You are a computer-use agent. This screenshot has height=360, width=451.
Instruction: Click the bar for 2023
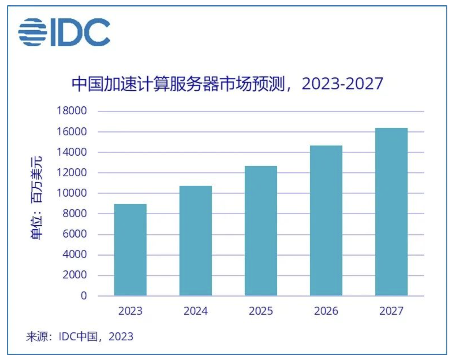click(x=130, y=250)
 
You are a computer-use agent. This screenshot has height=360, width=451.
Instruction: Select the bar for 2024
click(x=195, y=241)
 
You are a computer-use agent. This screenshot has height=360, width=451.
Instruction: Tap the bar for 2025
click(x=261, y=231)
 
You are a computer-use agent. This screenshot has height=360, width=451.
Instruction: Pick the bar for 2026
click(x=326, y=221)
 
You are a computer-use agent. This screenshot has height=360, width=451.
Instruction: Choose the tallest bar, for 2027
click(x=391, y=212)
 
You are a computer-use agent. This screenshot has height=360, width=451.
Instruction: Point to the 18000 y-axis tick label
click(x=72, y=111)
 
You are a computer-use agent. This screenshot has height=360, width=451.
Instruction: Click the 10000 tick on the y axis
click(x=72, y=193)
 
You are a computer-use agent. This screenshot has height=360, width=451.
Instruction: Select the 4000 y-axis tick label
click(x=75, y=254)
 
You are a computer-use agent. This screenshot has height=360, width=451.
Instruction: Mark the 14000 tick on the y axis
click(x=72, y=152)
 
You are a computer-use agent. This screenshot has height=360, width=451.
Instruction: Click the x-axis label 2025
click(x=261, y=311)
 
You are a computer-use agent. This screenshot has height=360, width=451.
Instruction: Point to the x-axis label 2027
click(x=391, y=311)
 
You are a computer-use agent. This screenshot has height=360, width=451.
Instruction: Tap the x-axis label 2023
click(x=130, y=311)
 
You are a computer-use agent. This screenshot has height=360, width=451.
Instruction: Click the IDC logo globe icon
click(x=32, y=32)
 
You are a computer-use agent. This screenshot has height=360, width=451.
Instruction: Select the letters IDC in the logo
click(x=80, y=32)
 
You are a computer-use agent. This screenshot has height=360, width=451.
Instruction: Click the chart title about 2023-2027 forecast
click(x=227, y=84)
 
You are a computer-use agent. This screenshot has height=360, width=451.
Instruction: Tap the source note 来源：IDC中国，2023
click(x=80, y=337)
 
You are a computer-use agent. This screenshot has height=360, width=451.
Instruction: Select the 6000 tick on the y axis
click(x=75, y=234)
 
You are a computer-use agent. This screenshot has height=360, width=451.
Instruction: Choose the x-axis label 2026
click(x=326, y=311)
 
